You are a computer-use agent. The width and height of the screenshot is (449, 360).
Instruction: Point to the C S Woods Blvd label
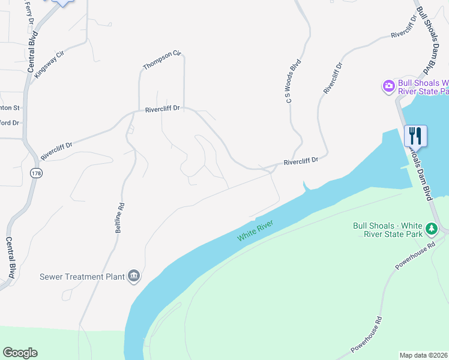293,82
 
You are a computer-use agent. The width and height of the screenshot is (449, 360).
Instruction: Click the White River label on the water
255,231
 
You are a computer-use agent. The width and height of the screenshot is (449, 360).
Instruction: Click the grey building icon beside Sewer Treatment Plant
134,276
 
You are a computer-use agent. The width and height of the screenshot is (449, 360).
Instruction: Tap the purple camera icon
388,86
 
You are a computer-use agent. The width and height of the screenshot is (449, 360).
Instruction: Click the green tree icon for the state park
431,229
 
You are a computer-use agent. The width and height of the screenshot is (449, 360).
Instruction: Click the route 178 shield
35,173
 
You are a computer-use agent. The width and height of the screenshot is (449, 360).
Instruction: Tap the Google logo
20,353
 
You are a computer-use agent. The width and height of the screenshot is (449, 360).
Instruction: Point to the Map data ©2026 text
424,355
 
